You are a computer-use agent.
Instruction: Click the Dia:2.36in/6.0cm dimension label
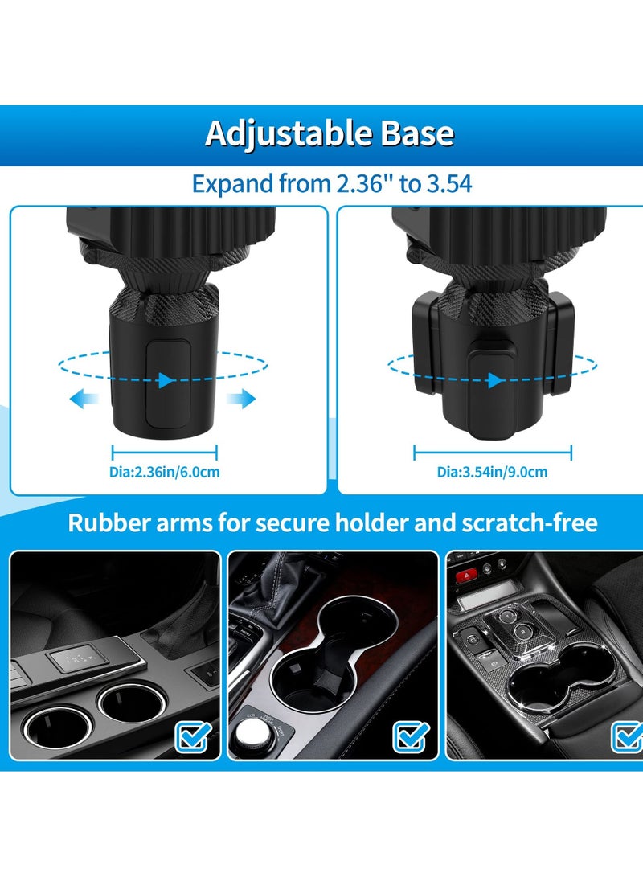point(164,472)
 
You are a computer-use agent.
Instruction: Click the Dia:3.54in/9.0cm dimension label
point(492,472)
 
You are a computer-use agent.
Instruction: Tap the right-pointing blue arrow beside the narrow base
point(241,399)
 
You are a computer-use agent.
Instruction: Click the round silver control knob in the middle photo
point(254,733)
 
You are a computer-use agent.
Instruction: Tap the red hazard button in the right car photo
point(462,576)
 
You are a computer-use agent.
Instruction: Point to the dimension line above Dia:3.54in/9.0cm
point(492,452)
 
